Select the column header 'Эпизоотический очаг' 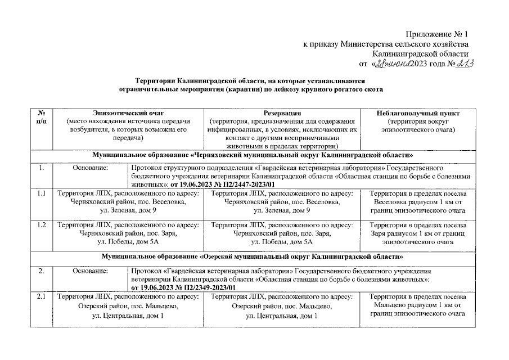tap(129, 114)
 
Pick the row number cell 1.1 tap(42, 194)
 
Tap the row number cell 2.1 tap(42, 296)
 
